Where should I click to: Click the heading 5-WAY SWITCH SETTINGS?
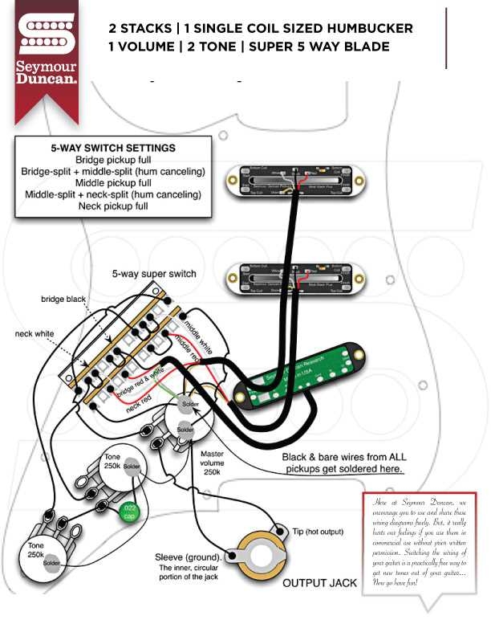click(113, 149)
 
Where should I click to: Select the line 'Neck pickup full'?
click(113, 206)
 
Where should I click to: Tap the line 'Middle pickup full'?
click(113, 182)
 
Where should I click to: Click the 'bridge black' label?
click(63, 300)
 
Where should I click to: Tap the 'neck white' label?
click(34, 333)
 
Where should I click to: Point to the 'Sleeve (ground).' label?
click(190, 557)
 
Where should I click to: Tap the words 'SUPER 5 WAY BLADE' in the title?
click(319, 47)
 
